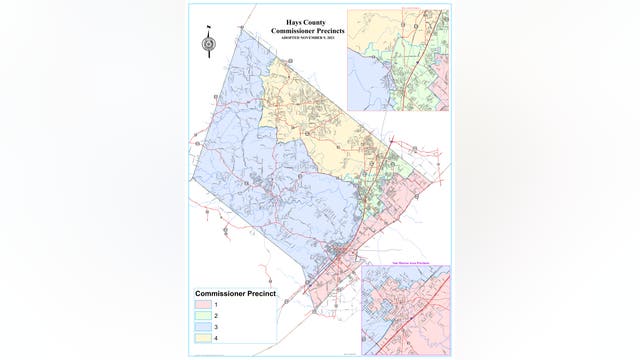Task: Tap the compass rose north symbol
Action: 207,43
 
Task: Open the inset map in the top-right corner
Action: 398,58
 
